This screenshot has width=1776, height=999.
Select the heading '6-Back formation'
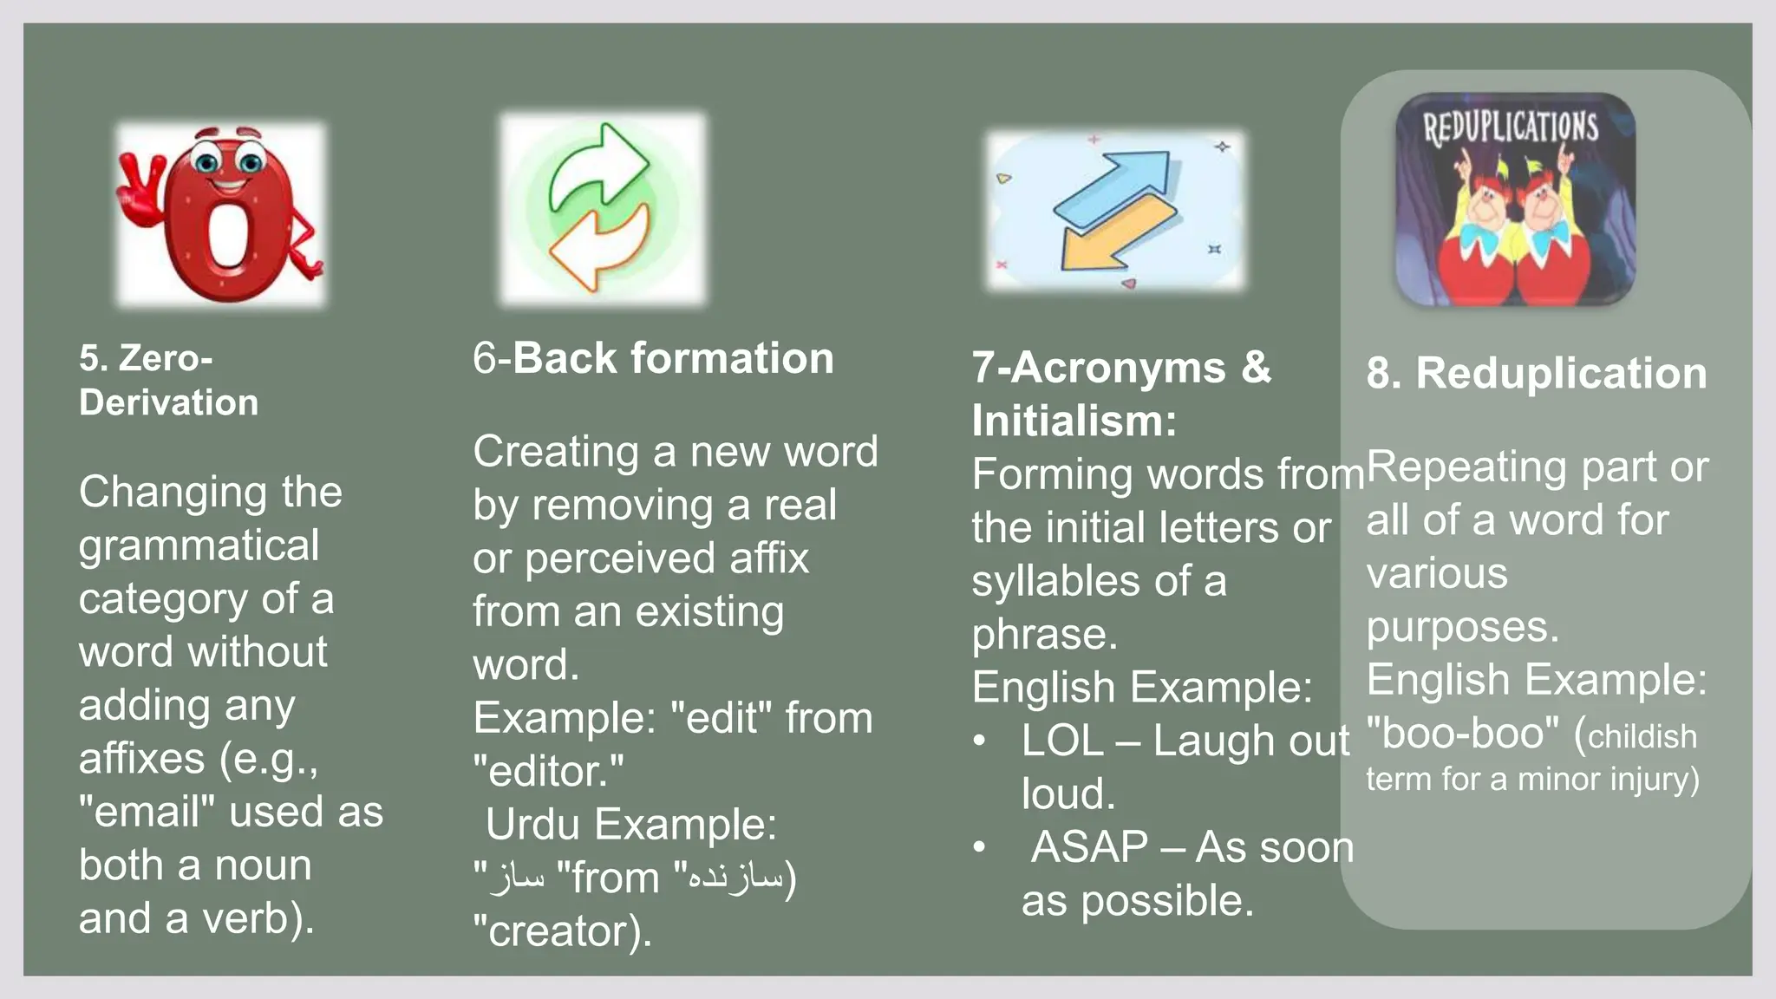653,358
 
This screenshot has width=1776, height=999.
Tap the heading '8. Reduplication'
1536,373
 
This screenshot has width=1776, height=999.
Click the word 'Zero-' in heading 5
166,358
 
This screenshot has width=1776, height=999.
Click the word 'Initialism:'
1074,421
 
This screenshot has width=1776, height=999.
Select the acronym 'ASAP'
1089,847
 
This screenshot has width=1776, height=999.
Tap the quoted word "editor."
548,771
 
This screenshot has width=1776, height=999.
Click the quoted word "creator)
562,931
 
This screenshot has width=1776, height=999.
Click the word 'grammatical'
199,545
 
